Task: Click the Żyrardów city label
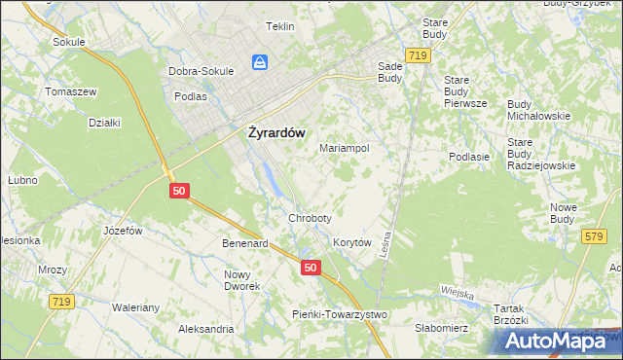273,132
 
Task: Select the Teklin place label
279,27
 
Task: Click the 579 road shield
595,236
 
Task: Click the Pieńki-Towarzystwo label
340,314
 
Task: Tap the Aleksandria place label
204,330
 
